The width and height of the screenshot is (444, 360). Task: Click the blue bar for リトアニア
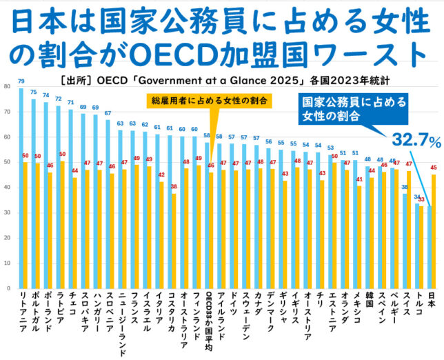coord(21,186)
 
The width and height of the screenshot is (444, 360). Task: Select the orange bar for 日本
coord(433,231)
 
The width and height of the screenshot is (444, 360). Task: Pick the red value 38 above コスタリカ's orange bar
coord(174,187)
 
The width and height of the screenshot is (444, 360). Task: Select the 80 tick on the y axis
coord(6,86)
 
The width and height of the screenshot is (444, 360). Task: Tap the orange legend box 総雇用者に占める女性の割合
coord(210,101)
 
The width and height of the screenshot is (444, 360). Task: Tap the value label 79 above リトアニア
coord(21,81)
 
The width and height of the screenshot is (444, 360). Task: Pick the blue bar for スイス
coord(405,241)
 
